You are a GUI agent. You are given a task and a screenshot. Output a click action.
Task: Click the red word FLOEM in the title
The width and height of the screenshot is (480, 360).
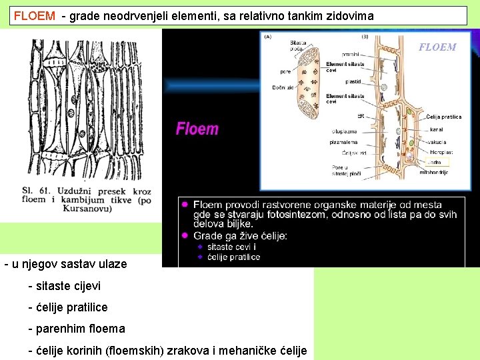coord(35,15)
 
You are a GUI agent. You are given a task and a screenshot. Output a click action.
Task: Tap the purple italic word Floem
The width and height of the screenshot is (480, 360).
coord(197,129)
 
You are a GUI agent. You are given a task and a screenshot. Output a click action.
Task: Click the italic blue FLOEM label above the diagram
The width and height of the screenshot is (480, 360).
coord(437,47)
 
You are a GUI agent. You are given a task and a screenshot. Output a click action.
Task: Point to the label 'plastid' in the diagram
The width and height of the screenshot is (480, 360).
coord(353,81)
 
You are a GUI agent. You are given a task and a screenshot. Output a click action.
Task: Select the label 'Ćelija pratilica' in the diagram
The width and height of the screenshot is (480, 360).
coord(443,117)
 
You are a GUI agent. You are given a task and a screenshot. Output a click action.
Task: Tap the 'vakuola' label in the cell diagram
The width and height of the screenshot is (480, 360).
coord(438,142)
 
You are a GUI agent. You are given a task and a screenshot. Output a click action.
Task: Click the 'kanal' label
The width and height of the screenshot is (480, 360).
coord(437,129)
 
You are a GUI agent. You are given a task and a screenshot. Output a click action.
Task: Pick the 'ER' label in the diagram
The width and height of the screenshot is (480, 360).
coord(360,116)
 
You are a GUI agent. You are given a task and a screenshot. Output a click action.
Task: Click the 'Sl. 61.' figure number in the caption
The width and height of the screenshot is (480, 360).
coord(36,191)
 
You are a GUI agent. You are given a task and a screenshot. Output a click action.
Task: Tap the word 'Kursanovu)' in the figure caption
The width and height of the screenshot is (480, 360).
coord(87,209)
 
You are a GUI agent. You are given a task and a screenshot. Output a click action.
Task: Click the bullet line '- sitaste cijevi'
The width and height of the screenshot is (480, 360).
coord(64,285)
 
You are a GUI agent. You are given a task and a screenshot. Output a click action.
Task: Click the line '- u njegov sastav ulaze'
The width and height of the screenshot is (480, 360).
coord(65,264)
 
